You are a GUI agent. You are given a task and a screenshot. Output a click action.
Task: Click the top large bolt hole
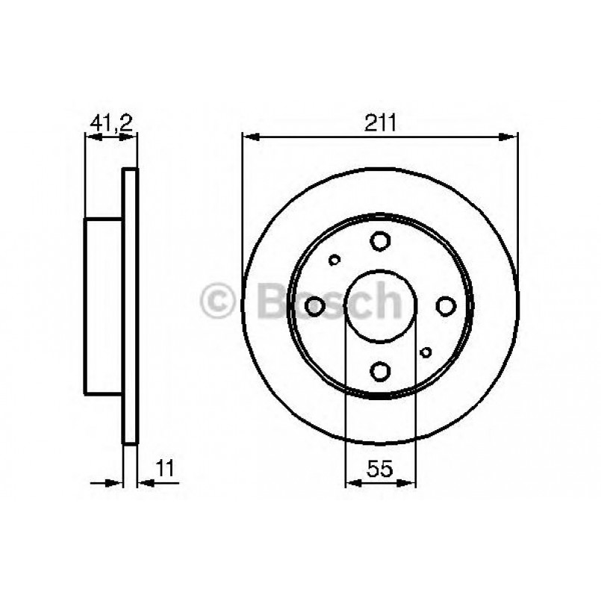point(380,241)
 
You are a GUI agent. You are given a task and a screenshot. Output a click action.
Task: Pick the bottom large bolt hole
point(380,371)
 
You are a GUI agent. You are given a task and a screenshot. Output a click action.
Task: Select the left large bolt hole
point(315,305)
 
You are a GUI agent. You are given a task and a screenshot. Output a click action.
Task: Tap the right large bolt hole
point(446,306)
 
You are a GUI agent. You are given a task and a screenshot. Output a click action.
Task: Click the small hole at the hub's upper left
point(334,260)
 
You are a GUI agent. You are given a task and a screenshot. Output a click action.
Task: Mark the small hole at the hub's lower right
point(426,352)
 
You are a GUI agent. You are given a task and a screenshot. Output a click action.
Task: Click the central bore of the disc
point(380,306)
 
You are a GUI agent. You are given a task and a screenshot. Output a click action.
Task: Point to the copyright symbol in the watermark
point(218,302)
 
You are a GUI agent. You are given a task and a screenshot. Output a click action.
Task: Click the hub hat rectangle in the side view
point(103,306)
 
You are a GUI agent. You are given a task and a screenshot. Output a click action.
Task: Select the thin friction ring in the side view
point(130,306)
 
